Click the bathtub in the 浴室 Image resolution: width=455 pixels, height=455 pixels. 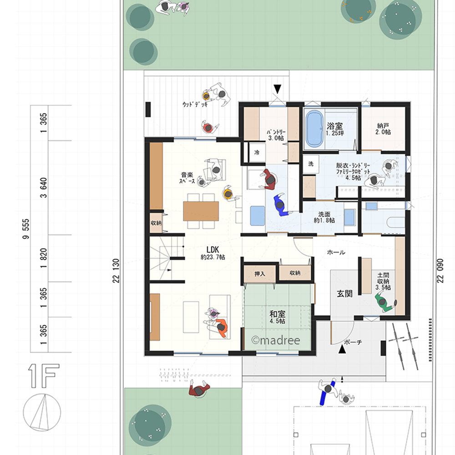pos(314,129)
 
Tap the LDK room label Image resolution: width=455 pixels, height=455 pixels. pos(212,249)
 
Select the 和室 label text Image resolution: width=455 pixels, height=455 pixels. pos(278,313)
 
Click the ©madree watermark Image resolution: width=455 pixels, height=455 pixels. pos(276,340)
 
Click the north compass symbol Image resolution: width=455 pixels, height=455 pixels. pos(42,412)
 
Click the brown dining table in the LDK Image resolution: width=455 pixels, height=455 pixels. pos(201,211)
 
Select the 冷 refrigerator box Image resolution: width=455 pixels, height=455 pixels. pos(257,152)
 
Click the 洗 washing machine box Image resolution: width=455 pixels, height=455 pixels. pos(311,164)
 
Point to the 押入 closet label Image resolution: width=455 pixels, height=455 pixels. pos(260,273)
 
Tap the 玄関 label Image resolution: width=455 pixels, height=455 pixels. pos(345,293)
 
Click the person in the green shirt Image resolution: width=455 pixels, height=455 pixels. pos(385,303)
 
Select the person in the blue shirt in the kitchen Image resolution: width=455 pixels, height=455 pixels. pos(281,205)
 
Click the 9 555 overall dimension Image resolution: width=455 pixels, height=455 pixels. pos(26,229)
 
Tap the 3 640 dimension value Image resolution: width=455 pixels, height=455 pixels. pos(43,188)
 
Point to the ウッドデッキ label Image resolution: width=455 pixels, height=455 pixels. pos(195,104)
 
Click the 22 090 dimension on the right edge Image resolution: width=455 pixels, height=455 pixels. pos(440,270)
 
